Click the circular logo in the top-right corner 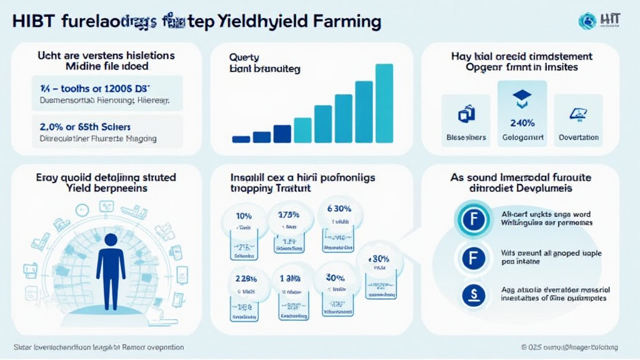tap(587, 22)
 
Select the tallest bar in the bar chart tap(384, 103)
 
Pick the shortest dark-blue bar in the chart tap(241, 139)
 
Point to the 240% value tap(522, 122)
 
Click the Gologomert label tap(522, 137)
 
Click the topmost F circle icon tap(474, 219)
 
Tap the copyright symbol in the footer tap(526, 347)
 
